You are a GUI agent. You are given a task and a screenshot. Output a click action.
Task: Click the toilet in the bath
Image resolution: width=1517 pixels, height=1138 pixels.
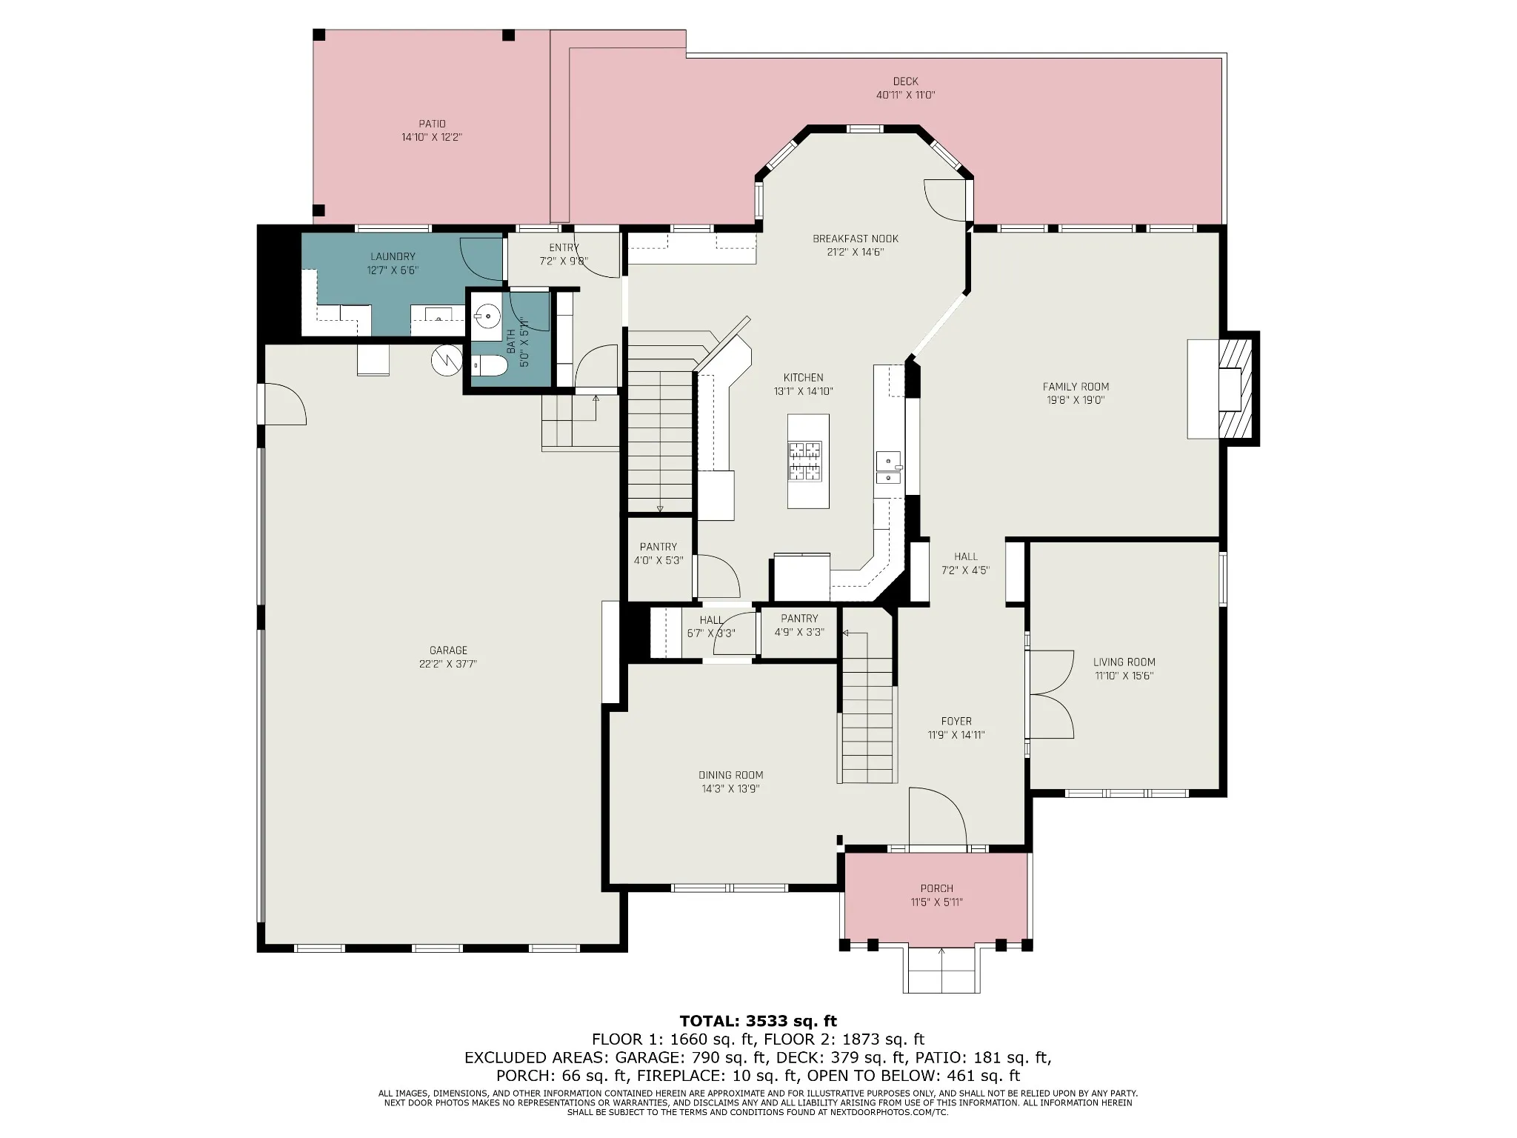point(489,365)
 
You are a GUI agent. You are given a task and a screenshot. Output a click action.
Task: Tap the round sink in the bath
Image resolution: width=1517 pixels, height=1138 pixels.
point(487,316)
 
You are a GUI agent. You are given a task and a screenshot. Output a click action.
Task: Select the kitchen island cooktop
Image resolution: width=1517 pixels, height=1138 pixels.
point(805,461)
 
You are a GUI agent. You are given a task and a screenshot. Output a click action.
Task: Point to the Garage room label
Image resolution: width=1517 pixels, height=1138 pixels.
point(448,650)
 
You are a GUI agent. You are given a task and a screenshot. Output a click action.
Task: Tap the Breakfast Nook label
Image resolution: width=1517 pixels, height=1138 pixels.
point(856,239)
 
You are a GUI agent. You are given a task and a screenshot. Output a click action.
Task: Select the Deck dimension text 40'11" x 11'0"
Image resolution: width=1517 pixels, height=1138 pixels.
point(905,95)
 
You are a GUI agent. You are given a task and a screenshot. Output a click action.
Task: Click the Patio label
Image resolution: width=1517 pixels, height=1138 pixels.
point(432,124)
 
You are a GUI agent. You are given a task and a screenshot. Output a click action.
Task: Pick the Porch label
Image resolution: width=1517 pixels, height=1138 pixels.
point(937,888)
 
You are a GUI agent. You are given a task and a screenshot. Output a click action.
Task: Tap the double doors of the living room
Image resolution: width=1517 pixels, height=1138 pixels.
point(1052,694)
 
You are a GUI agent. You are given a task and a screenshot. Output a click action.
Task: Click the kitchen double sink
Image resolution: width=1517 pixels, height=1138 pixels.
point(888,467)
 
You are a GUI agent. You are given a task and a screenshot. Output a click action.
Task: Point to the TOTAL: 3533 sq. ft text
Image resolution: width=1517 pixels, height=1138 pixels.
point(758,1022)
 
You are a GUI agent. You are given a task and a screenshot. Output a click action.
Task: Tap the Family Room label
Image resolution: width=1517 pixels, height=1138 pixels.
point(1076,387)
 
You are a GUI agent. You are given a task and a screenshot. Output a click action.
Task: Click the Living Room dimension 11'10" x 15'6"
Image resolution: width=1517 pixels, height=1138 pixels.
point(1124,676)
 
